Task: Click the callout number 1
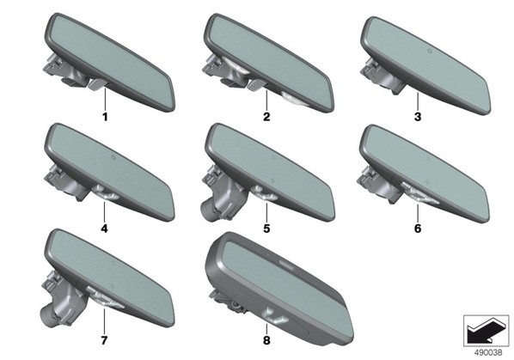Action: (x=105, y=117)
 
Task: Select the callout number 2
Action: (x=266, y=117)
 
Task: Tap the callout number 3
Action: (x=418, y=117)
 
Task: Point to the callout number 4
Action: (x=104, y=229)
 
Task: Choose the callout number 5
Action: (x=266, y=229)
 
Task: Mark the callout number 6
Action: (x=418, y=229)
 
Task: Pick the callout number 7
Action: (x=104, y=341)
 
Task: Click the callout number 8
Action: (x=266, y=341)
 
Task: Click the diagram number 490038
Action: (x=488, y=353)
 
